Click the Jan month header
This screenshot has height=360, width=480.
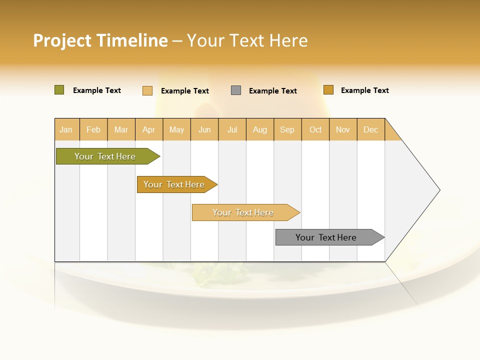[x=66, y=129]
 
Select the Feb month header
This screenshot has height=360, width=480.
[x=93, y=129]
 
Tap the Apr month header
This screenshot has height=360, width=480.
[x=148, y=129]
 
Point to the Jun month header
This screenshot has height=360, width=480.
[x=204, y=129]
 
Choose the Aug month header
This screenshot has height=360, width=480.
[x=259, y=129]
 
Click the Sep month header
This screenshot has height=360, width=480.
[x=287, y=129]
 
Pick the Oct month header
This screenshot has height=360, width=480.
[x=315, y=129]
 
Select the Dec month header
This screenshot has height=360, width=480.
[x=370, y=129]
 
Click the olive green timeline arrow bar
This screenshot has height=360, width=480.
[x=105, y=156]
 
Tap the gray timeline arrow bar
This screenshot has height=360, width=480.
[x=326, y=237]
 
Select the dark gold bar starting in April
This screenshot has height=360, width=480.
[x=174, y=184]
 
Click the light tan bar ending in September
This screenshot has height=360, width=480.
[x=243, y=212]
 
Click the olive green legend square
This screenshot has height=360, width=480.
[x=59, y=90]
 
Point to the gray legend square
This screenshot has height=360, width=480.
[x=236, y=90]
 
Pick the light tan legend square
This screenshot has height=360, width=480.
[x=147, y=90]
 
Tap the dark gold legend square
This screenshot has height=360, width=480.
[x=328, y=90]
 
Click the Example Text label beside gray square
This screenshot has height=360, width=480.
[x=272, y=91]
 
